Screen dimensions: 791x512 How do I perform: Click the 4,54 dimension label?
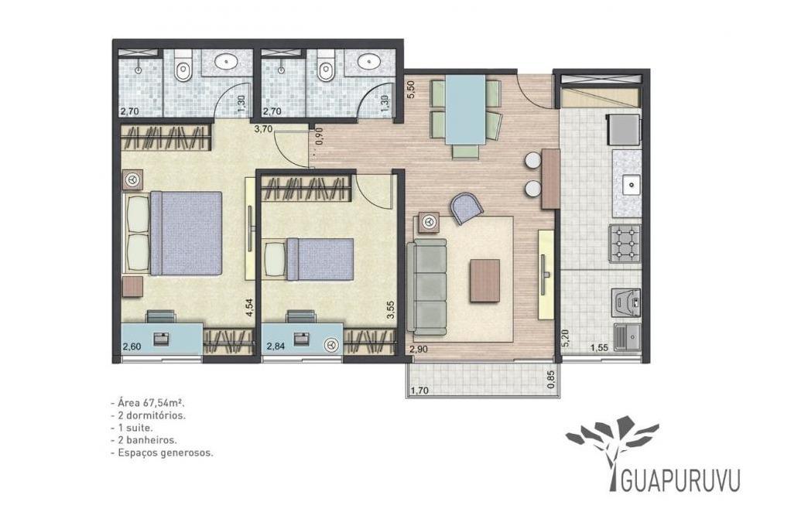[x=248, y=308]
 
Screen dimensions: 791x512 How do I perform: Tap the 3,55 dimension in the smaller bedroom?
[x=390, y=309]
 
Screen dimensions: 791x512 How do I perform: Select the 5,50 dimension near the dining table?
[x=410, y=89]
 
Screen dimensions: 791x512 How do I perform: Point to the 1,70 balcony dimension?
[x=419, y=390]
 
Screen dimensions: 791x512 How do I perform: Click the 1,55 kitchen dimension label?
[x=599, y=347]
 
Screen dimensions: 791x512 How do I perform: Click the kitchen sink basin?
[x=631, y=185]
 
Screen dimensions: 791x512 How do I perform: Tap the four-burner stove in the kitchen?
[x=625, y=244]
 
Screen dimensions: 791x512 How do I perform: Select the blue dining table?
[x=465, y=109]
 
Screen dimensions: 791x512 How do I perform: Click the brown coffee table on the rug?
[x=485, y=281]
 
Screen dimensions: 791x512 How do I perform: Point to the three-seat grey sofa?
[x=428, y=287]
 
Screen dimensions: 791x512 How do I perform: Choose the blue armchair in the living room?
[x=467, y=207]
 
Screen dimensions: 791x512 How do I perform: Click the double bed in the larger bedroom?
[x=175, y=233]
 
